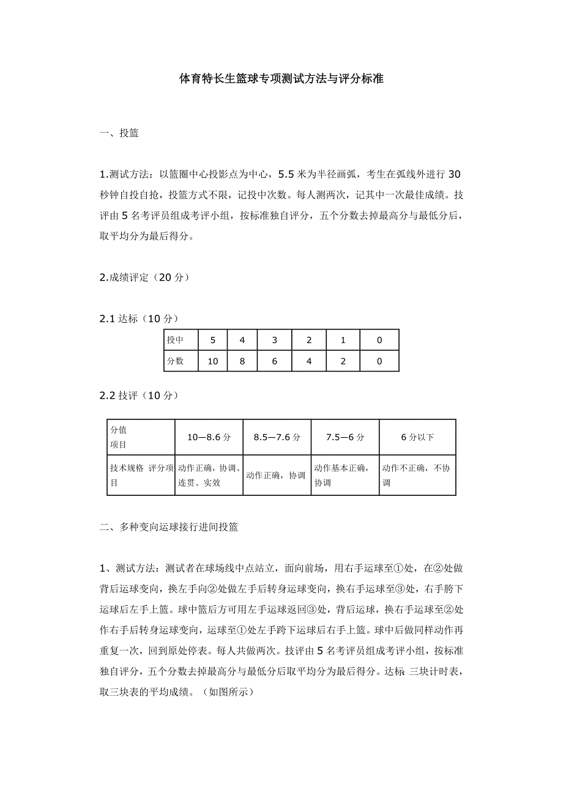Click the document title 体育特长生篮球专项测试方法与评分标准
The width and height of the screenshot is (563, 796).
click(x=281, y=79)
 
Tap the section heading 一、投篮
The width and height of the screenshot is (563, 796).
click(x=119, y=133)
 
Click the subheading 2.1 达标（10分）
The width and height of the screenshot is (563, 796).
click(x=138, y=319)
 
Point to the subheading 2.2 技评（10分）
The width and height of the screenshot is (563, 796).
click(x=138, y=396)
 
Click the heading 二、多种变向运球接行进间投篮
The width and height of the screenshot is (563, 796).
click(x=168, y=527)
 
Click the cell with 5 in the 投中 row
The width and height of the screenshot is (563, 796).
click(x=213, y=340)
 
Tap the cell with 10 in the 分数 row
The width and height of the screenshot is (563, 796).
click(x=213, y=361)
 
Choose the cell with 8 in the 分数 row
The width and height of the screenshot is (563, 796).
click(x=242, y=361)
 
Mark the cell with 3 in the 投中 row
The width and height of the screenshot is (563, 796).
click(x=274, y=340)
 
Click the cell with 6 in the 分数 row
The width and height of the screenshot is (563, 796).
click(x=274, y=361)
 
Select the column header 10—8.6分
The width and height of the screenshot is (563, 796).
click(x=209, y=437)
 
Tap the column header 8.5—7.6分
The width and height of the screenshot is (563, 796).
click(x=277, y=437)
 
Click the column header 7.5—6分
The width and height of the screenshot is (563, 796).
click(x=345, y=437)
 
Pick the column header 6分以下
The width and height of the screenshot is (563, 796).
click(x=417, y=437)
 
